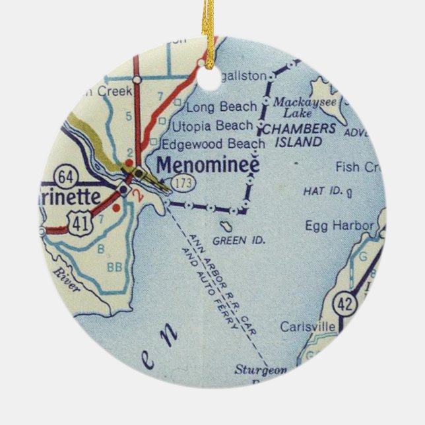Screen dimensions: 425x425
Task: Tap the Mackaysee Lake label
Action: pos(305,107)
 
